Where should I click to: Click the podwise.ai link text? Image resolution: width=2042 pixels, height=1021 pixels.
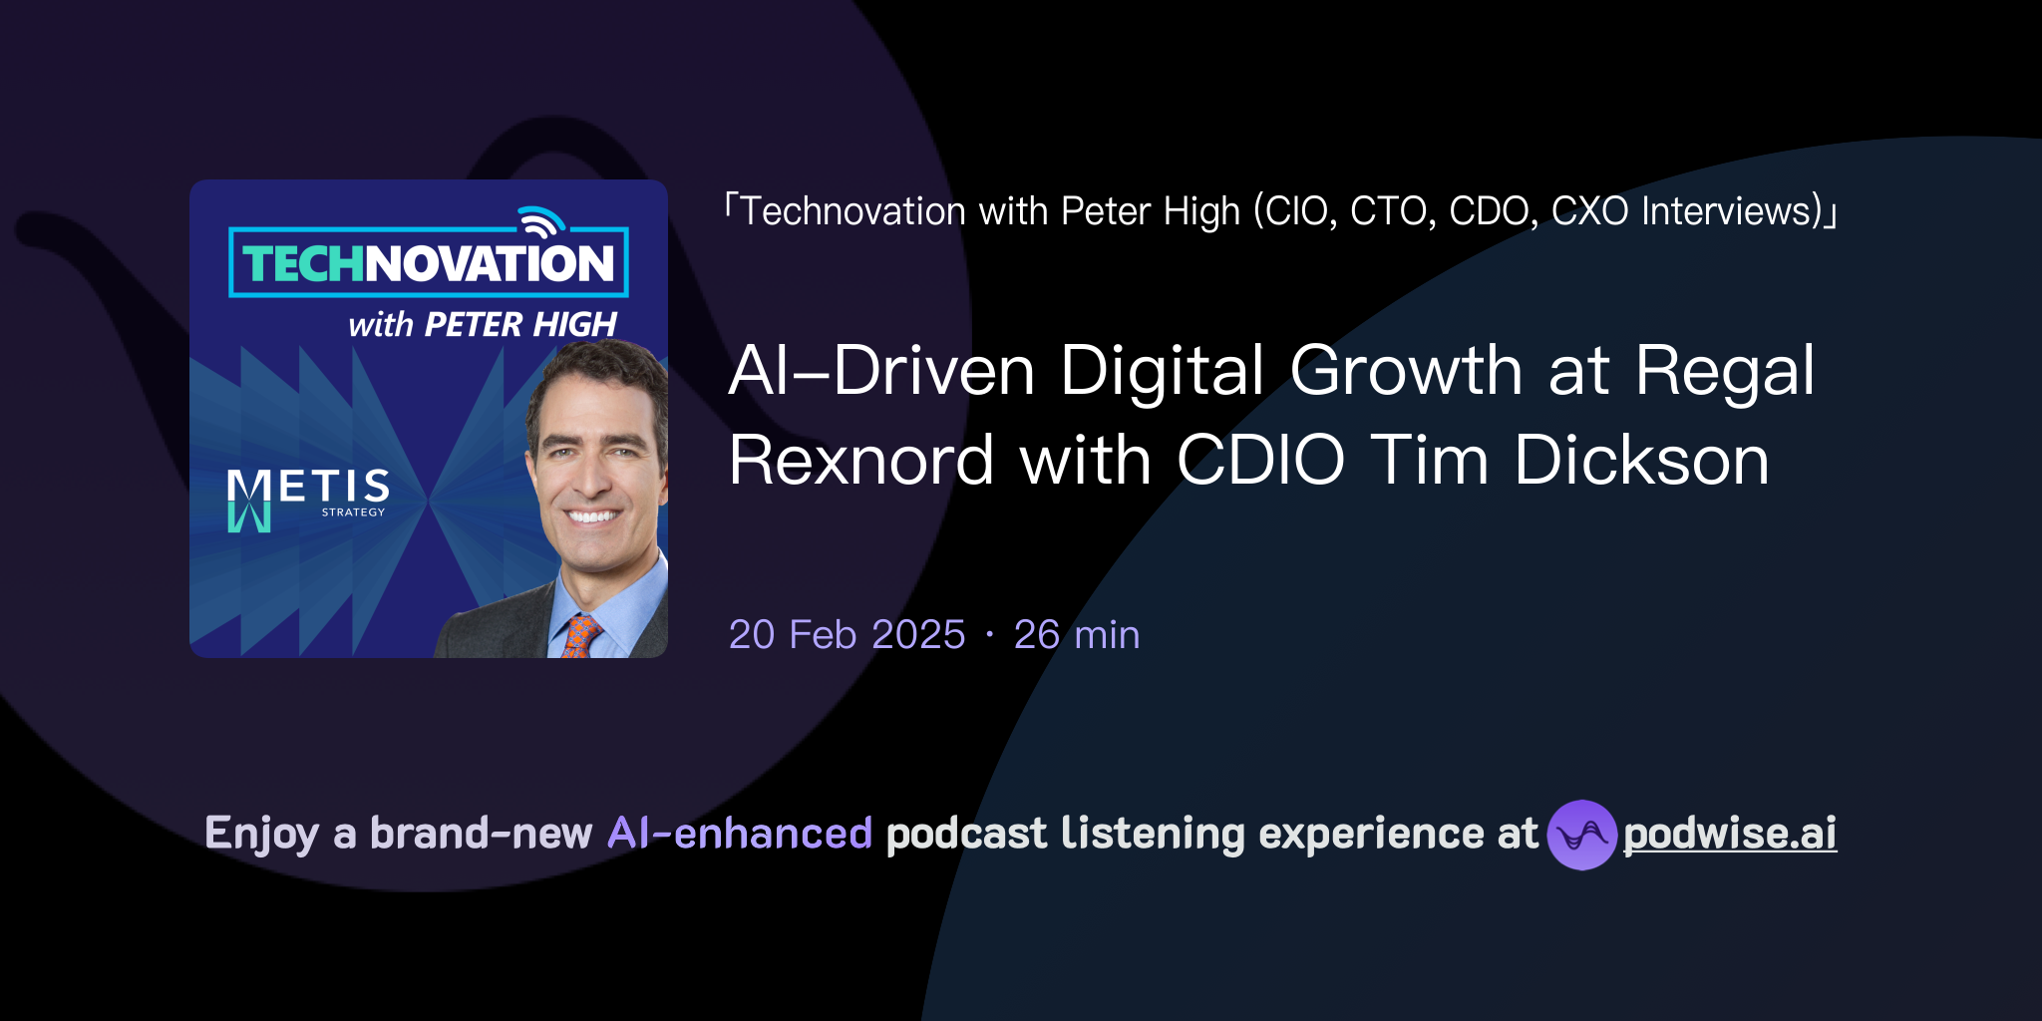pyautogui.click(x=1730, y=834)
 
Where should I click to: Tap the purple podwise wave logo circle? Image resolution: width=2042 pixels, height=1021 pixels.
pyautogui.click(x=1581, y=835)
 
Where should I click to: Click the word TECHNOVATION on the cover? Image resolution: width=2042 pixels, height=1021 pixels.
pyautogui.click(x=429, y=263)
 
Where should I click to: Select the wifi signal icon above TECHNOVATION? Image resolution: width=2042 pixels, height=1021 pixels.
pyautogui.click(x=540, y=221)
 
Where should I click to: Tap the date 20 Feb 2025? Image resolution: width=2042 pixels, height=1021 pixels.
pyautogui.click(x=847, y=634)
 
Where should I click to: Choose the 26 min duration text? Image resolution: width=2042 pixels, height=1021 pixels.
pyautogui.click(x=1077, y=634)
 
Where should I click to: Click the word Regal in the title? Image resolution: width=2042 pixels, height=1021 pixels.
pyautogui.click(x=1725, y=371)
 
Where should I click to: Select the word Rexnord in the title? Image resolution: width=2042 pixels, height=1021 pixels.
pyautogui.click(x=861, y=461)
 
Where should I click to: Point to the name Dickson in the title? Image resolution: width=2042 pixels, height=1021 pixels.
pyautogui.click(x=1641, y=461)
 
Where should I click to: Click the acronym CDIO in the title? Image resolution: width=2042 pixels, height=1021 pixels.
pyautogui.click(x=1260, y=461)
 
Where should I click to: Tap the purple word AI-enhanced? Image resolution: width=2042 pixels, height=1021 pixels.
pyautogui.click(x=740, y=834)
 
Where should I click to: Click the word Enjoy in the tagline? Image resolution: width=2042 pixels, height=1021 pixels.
pyautogui.click(x=261, y=834)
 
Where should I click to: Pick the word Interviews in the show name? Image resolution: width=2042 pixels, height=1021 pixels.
pyautogui.click(x=1732, y=211)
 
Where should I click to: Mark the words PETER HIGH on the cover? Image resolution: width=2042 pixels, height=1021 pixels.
pyautogui.click(x=520, y=325)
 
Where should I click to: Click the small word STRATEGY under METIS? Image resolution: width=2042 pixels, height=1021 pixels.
pyautogui.click(x=353, y=512)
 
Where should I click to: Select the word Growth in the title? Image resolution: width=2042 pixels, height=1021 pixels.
pyautogui.click(x=1406, y=371)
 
